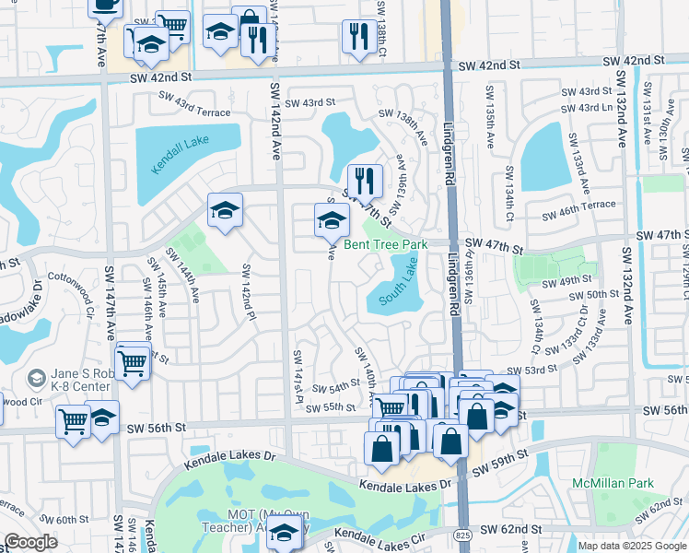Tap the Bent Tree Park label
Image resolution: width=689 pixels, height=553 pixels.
click(386, 244)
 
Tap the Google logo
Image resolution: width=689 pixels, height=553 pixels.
click(29, 542)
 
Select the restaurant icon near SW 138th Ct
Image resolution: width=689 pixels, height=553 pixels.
click(356, 37)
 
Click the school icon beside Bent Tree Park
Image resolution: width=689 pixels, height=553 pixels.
click(332, 221)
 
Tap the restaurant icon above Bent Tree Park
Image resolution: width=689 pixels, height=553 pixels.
click(365, 182)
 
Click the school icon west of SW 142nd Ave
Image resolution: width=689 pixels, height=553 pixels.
click(224, 211)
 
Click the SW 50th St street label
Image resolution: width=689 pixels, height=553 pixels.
click(593, 295)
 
